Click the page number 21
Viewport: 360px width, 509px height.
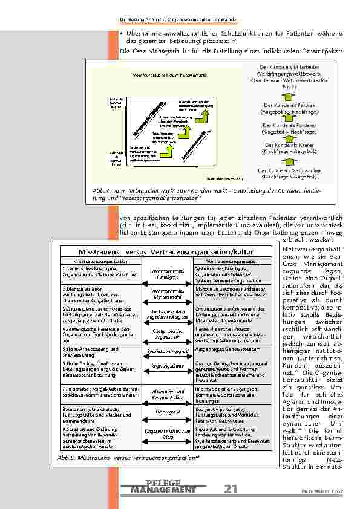click(231, 489)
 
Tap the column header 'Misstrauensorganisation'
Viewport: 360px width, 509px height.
click(101, 261)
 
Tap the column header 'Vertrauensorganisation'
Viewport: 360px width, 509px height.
click(232, 261)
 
